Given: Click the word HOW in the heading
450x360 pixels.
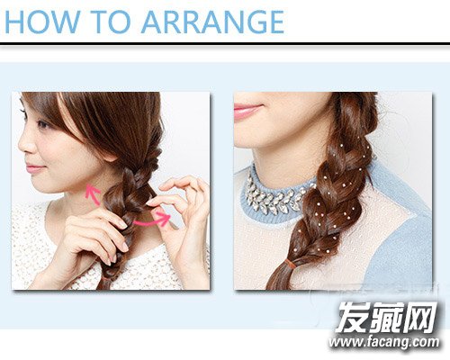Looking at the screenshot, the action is [x=41, y=22].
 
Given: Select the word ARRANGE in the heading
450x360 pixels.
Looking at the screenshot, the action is [x=212, y=22].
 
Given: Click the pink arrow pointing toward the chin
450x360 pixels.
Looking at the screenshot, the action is [x=93, y=194].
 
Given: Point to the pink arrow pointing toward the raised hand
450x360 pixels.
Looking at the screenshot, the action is [x=151, y=220].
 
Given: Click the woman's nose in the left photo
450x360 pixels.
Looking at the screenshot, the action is [x=25, y=146].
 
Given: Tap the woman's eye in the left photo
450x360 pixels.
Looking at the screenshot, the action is [x=43, y=123].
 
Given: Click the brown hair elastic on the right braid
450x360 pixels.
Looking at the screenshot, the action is [x=290, y=263].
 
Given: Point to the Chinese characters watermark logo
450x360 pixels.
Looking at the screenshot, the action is [x=387, y=317].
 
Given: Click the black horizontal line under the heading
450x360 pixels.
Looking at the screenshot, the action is [x=225, y=44].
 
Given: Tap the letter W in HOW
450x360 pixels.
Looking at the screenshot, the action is [x=63, y=22].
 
